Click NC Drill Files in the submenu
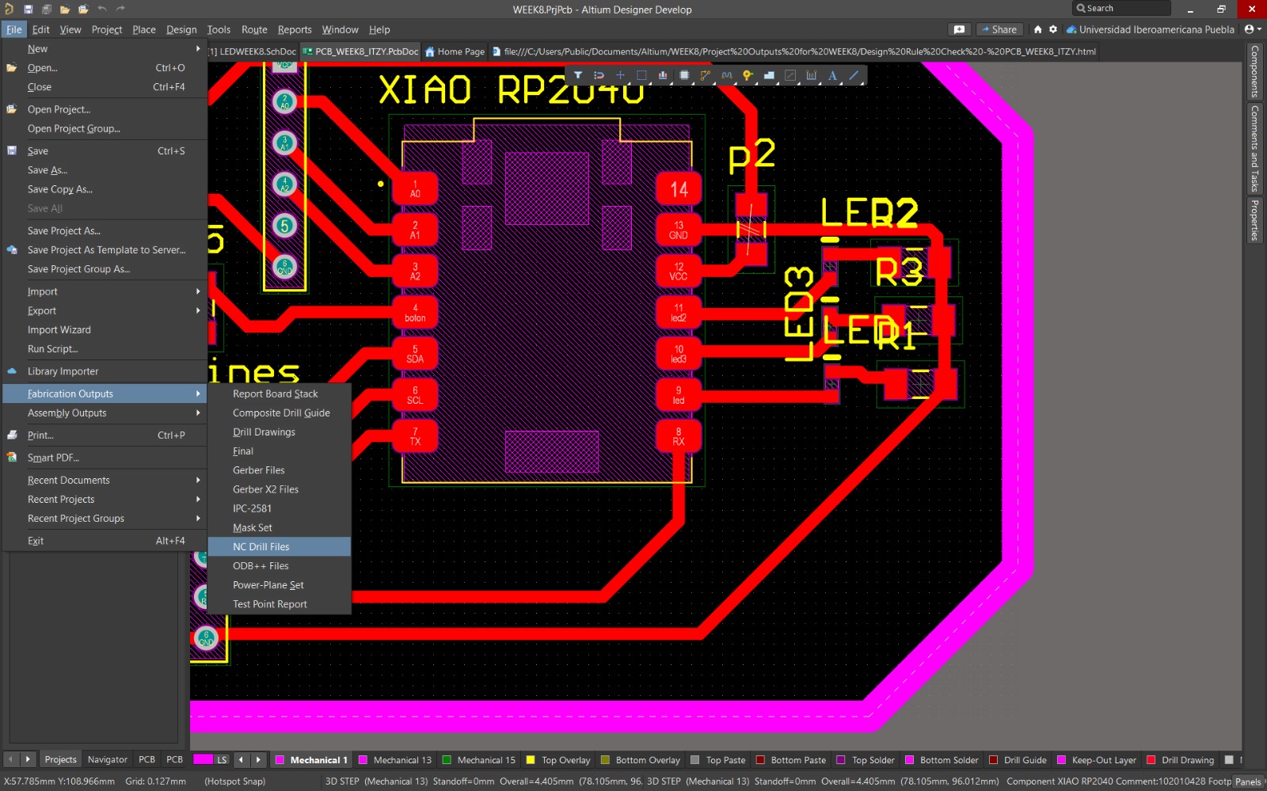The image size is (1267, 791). point(261,547)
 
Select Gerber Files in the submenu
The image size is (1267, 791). point(259,470)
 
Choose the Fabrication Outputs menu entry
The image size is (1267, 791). point(70,394)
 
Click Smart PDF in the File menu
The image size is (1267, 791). point(53,458)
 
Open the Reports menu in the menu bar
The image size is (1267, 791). point(295,30)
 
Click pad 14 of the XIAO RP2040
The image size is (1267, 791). point(679,189)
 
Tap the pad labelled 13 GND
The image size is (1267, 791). point(679,230)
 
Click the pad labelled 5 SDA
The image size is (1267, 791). point(415,354)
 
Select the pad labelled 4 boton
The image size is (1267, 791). point(415,313)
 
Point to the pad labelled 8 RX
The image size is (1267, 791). point(679,436)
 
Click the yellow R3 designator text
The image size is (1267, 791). point(899,272)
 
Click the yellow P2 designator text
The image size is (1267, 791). point(751,156)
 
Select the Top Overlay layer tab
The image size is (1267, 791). point(565,760)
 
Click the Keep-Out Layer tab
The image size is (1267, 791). point(1103,760)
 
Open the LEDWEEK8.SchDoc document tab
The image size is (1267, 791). point(257,52)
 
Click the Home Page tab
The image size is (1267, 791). point(460,52)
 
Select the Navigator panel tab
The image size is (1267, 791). point(108,759)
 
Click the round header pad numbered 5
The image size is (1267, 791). point(285,226)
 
